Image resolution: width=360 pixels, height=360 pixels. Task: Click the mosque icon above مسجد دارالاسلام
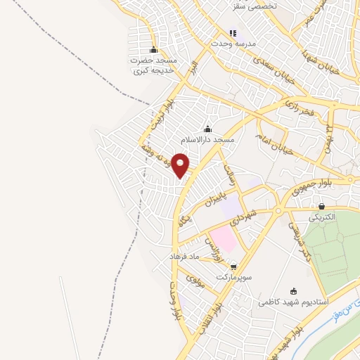(207, 129)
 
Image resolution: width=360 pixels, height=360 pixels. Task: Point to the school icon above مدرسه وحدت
(233, 33)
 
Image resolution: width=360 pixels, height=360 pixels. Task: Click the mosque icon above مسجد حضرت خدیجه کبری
(154, 49)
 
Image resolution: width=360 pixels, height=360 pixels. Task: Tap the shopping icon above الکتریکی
(321, 206)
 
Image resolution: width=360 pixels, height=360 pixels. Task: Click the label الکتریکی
(321, 217)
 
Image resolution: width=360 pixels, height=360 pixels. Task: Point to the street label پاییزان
(219, 196)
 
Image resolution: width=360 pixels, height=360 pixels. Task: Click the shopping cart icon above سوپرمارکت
(233, 266)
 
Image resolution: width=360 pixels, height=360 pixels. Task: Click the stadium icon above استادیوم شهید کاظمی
(293, 291)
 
